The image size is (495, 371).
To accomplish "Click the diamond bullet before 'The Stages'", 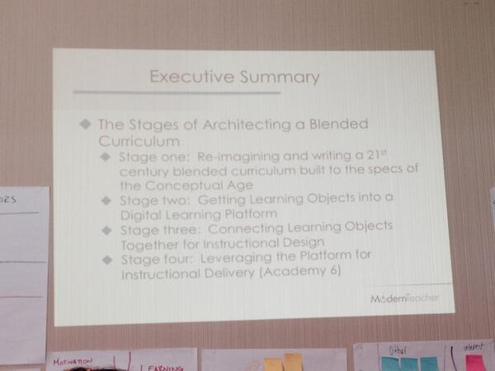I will tap(84, 124).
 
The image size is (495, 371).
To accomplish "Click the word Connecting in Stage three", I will tap(242, 227).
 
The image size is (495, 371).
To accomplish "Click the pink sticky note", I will tap(476, 364).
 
